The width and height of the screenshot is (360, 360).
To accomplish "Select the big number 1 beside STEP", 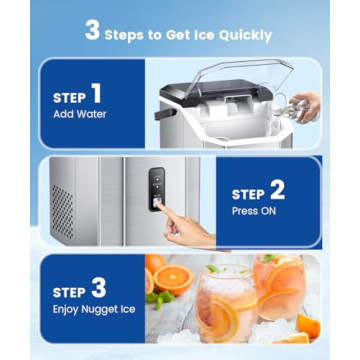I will [96, 95].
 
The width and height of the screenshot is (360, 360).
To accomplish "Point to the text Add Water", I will [79, 114].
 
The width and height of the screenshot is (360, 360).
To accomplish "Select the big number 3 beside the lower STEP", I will [97, 288].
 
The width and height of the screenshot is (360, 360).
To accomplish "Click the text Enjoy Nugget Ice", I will [92, 311].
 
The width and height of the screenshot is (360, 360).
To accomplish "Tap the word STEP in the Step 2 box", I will [248, 195].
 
